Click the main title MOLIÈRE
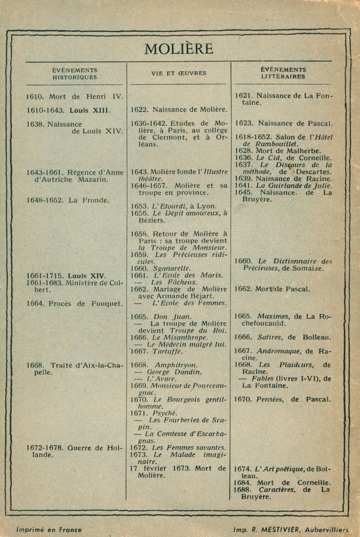[x=179, y=49]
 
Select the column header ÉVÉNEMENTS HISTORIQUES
[x=75, y=74]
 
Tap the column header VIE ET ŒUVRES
[x=179, y=73]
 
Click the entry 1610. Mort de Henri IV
[x=75, y=97]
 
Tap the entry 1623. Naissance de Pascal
[x=283, y=122]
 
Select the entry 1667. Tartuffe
[x=157, y=351]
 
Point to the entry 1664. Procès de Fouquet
[x=75, y=303]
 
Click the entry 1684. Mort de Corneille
[x=282, y=483]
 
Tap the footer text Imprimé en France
[x=49, y=529]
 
